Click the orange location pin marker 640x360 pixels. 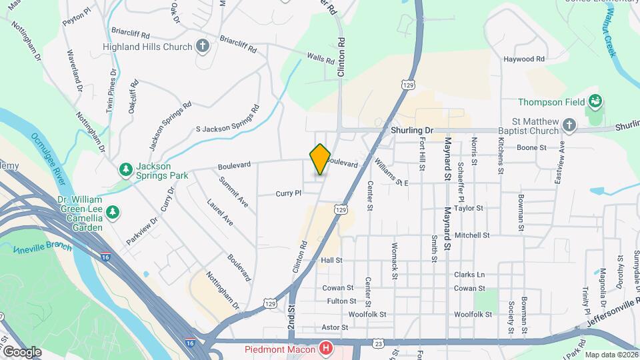click(320, 159)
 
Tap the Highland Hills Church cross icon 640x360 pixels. click(203, 47)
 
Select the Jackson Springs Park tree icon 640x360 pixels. click(125, 170)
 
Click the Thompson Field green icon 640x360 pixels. click(595, 103)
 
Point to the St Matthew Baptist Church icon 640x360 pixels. click(568, 125)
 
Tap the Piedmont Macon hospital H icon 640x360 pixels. click(325, 347)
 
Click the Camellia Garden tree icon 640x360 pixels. click(113, 212)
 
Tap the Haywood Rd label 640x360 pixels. click(524, 59)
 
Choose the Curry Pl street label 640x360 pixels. click(289, 194)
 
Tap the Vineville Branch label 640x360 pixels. click(42, 247)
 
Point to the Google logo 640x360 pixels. click(22, 351)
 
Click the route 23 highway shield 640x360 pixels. click(378, 344)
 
